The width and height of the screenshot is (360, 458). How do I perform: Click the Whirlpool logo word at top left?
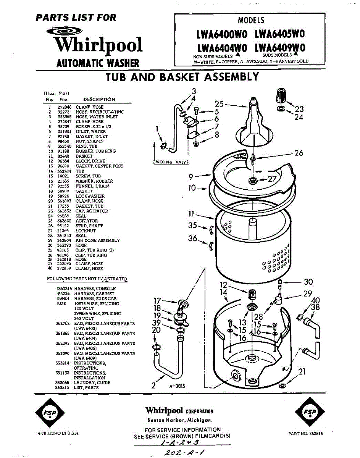pos(98,45)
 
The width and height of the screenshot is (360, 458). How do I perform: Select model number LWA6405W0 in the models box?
pos(279,34)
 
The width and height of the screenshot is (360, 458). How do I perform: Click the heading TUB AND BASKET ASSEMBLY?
pos(182,77)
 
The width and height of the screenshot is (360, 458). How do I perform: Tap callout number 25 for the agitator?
pos(219,104)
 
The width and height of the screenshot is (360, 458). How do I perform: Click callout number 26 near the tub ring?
pos(299,153)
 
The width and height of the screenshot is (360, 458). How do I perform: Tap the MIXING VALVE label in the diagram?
pos(172,162)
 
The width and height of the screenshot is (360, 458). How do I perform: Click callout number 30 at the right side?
pos(308,282)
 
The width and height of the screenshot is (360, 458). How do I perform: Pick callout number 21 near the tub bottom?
pos(302,371)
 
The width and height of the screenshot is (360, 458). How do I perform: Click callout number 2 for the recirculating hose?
pos(153,385)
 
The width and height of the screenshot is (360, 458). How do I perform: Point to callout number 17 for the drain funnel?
pos(157,301)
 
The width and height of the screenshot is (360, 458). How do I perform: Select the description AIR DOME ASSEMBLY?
pos(97,240)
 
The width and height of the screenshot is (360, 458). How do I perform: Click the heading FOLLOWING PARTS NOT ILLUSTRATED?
pos(87,279)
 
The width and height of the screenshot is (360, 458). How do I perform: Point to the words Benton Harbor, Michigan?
pos(179,421)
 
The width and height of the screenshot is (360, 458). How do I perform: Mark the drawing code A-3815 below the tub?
pos(177,386)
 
